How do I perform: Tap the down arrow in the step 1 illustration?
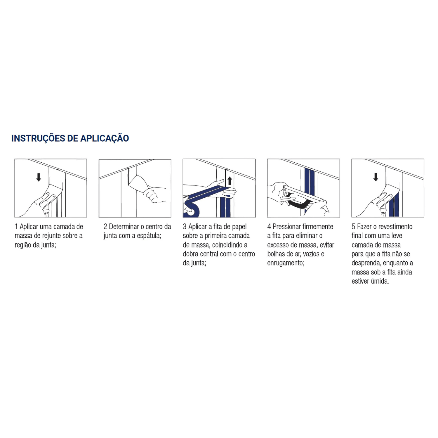[39, 177]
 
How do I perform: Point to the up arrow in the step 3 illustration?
[230, 181]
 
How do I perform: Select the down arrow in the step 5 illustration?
[376, 177]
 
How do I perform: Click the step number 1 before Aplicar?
[16, 227]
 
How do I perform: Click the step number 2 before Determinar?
[105, 227]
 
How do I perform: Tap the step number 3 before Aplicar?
[185, 227]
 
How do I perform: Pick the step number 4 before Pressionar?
[269, 227]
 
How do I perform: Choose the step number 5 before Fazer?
[353, 227]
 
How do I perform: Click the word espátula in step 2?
[148, 236]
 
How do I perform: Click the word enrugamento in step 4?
[285, 263]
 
